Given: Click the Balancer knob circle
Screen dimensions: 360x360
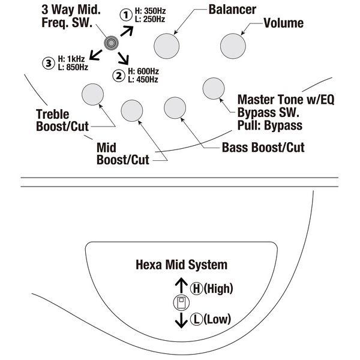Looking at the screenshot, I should click(167, 44).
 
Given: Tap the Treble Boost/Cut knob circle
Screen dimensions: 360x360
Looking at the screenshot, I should click(92, 95).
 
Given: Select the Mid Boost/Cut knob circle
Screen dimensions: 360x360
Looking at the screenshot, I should click(133, 110).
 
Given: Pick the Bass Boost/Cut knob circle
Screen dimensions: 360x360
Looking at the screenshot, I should click(175, 107).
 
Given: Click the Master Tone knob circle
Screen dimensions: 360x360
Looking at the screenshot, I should click(214, 88).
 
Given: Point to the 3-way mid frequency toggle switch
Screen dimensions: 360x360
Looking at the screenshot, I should click(111, 42).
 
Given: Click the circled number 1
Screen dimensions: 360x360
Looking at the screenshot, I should click(125, 14).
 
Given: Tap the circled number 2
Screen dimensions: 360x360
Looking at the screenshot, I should click(118, 75).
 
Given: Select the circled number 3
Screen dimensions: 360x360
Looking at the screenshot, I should click(48, 62).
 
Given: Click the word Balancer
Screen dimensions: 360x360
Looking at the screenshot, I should click(233, 10).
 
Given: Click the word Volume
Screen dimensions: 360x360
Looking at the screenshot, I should click(284, 23).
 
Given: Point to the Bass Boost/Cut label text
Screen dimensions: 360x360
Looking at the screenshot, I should click(263, 147).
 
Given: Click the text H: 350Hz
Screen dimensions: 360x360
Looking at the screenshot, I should click(150, 11).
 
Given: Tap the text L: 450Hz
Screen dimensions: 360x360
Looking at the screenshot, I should click(143, 79).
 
